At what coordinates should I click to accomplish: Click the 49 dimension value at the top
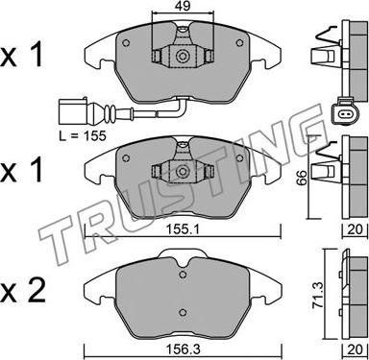[183, 6]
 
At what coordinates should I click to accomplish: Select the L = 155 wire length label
[83, 136]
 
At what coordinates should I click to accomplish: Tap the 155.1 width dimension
[183, 229]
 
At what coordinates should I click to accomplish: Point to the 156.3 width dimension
[183, 349]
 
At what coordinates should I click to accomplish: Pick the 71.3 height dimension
[318, 296]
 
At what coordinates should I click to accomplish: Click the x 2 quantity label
[22, 291]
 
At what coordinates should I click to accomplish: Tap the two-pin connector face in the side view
[344, 113]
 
